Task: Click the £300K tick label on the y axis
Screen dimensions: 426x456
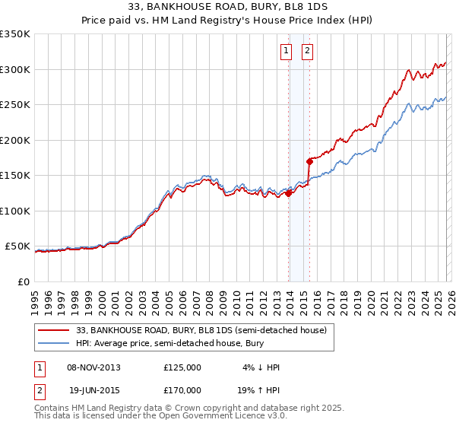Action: (15, 69)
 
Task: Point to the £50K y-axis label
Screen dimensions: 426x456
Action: (17, 246)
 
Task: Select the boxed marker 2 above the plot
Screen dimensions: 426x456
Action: (308, 52)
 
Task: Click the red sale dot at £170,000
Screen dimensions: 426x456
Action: (309, 161)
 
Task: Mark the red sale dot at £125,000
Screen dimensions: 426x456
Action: (288, 193)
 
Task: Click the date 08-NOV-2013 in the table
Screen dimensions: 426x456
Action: (94, 367)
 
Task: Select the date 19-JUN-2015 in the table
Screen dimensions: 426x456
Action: (94, 389)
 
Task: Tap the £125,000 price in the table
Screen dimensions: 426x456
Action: (182, 367)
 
